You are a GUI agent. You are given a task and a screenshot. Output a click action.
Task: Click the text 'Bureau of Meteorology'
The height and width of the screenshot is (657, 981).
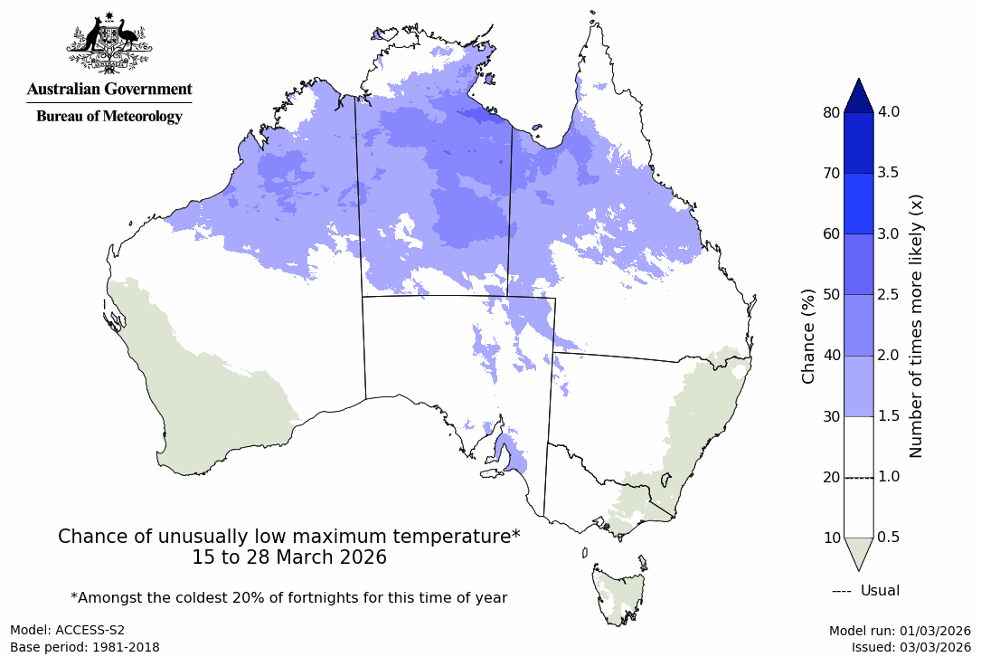pos(108,116)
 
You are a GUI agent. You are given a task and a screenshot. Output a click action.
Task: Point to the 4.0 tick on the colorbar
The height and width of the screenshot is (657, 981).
pos(889,112)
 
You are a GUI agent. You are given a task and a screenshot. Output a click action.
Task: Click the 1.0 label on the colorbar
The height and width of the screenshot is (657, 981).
pos(889,477)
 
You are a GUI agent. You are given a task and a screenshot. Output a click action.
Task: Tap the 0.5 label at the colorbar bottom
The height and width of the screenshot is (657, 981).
pos(889,538)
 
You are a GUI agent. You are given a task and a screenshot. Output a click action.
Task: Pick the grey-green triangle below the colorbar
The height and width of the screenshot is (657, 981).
pos(858,553)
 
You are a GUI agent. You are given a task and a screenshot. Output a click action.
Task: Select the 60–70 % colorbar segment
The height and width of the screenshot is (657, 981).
pos(858,204)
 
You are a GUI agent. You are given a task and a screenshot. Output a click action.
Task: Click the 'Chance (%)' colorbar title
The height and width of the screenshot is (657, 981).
pos(808,336)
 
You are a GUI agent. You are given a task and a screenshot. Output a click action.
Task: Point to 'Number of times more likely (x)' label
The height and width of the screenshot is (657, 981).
pos(915,325)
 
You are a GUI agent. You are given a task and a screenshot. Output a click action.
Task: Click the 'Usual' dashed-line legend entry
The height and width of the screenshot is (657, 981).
pos(865,591)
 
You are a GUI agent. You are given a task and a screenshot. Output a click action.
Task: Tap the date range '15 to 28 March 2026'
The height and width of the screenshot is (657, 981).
pos(289,557)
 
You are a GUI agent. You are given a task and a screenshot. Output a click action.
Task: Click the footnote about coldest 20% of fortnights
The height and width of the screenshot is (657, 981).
pos(289,597)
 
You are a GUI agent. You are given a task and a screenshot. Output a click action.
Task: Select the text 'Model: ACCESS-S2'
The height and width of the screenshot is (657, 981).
pos(68,630)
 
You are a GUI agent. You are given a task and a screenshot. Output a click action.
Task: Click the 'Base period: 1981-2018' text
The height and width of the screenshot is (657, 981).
pos(85,647)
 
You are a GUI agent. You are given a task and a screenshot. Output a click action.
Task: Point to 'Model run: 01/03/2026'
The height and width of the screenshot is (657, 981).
pos(900,630)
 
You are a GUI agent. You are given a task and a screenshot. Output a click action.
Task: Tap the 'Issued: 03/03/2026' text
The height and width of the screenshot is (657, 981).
pos(910,647)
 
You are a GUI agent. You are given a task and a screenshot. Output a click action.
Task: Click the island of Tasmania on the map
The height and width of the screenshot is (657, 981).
pos(619,593)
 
